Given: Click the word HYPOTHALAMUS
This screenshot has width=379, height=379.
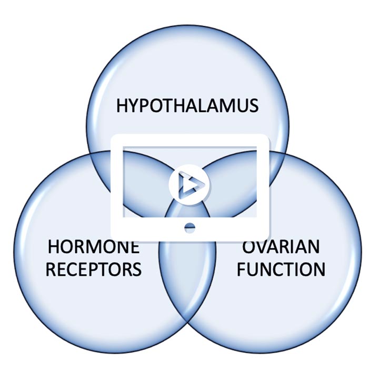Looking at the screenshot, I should tap(187, 105).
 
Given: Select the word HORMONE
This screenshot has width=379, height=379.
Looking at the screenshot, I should tap(94, 246).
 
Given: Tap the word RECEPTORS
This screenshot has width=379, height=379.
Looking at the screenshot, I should tap(94, 269).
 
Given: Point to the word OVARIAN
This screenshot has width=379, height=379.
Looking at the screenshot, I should tap(280, 246).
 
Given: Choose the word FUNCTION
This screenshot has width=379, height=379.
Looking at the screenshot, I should tap(280, 269).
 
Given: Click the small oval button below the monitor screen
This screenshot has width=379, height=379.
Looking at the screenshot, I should tap(190, 227).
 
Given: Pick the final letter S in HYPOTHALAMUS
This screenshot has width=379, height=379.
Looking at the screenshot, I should tap(253, 105).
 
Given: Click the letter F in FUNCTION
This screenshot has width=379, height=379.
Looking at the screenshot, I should tap(241, 269).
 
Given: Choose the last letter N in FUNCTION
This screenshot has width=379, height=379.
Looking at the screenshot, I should tap(317, 269).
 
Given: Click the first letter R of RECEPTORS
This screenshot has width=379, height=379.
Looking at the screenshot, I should tap(52, 269).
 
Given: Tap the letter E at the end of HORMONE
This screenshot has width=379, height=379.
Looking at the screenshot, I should tap(134, 246).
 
